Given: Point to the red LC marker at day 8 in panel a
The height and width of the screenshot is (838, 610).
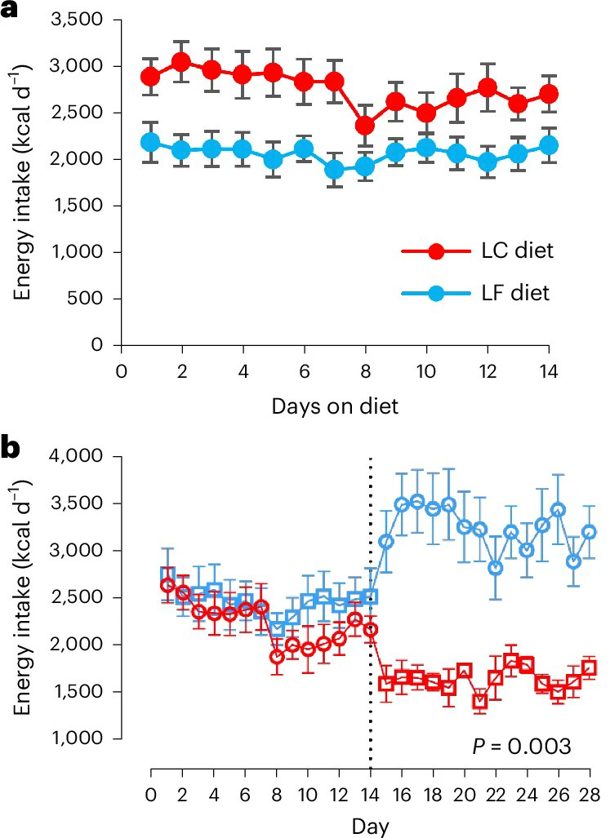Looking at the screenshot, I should tap(365, 126).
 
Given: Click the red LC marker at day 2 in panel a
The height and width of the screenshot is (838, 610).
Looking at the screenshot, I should tap(181, 62).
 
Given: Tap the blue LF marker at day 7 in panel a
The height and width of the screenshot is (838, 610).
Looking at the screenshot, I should tap(334, 170).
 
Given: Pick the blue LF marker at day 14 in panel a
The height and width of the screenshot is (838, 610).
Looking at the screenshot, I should tap(549, 145).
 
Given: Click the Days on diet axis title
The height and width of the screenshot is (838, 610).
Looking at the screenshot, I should tap(335, 406).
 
